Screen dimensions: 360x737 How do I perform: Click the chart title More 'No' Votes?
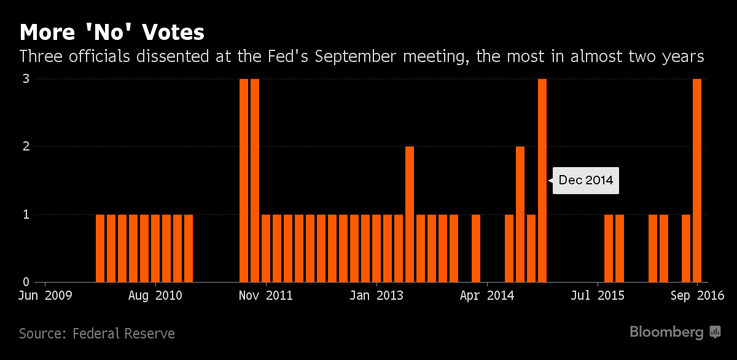[112, 32]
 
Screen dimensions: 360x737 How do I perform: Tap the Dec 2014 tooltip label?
[585, 181]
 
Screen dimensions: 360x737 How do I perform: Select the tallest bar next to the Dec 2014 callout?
[542, 180]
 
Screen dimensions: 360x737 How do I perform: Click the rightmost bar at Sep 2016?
[697, 180]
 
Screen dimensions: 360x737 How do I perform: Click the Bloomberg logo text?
[666, 332]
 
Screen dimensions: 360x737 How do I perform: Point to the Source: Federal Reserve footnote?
[97, 334]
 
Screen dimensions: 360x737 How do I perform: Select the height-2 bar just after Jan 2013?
[410, 214]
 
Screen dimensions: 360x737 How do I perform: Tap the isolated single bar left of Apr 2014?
[476, 248]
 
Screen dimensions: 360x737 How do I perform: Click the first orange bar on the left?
[100, 248]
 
